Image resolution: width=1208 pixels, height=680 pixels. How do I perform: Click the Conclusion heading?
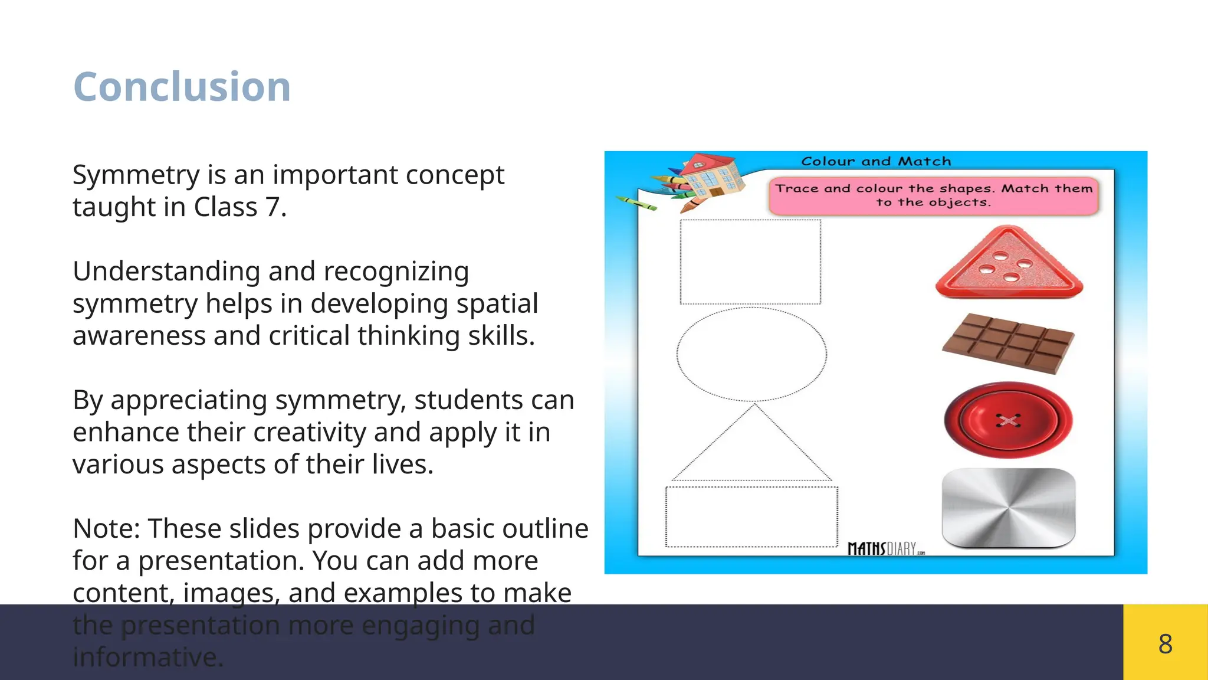(182, 87)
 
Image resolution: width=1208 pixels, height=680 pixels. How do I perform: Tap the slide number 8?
(1165, 643)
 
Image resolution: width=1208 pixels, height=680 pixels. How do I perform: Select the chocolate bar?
(1008, 343)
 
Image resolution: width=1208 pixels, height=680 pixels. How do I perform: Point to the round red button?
(1008, 420)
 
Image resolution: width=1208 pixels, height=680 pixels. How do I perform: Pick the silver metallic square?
(1009, 508)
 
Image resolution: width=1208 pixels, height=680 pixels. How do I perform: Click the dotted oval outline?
(751, 354)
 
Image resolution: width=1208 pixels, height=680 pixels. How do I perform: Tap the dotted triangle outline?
(752, 449)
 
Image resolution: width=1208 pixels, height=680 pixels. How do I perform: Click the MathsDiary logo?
(885, 548)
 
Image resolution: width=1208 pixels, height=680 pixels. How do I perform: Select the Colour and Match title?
(876, 161)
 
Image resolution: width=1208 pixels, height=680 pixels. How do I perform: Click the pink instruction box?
(933, 195)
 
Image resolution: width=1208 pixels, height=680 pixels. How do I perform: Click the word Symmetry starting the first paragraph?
(136, 175)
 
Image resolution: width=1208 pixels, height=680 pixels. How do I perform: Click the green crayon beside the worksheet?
(636, 203)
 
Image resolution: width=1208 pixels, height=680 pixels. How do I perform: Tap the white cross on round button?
(1008, 420)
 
